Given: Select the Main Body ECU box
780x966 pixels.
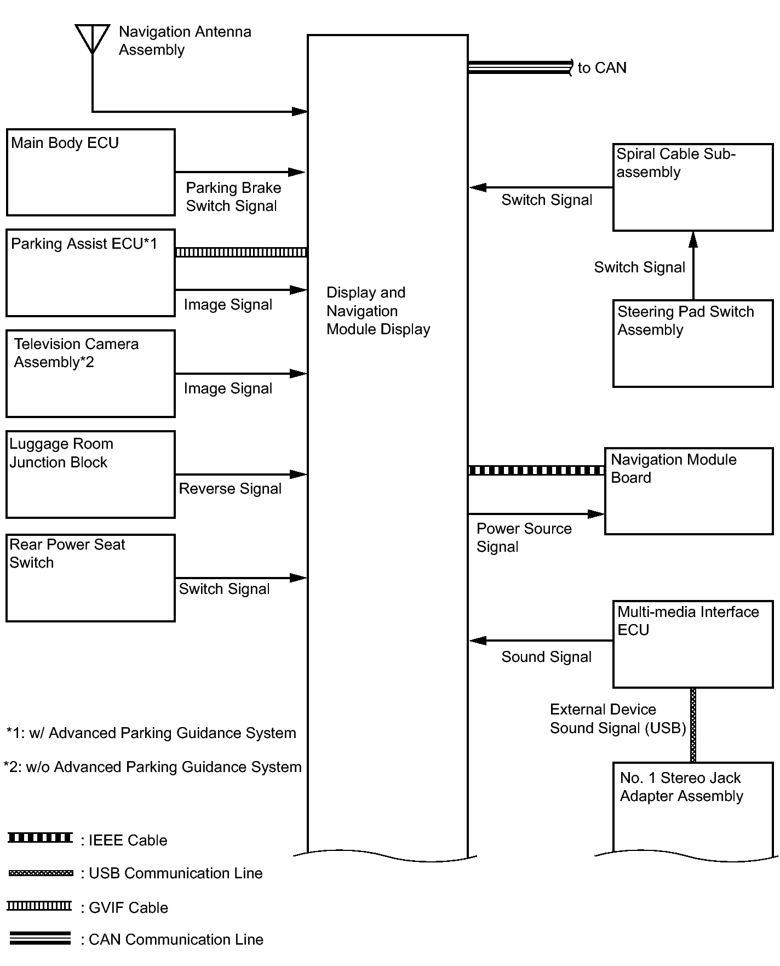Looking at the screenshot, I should coord(91,172).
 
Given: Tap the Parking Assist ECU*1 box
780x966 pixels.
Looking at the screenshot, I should coord(91,273).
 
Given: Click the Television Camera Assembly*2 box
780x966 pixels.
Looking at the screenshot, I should coord(91,373).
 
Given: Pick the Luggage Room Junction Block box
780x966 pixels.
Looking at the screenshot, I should coord(91,474).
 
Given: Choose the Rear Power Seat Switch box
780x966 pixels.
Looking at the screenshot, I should coord(91,578).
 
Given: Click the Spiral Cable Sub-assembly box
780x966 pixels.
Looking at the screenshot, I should coord(693,187).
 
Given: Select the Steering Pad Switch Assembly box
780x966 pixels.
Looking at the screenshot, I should coord(693,343).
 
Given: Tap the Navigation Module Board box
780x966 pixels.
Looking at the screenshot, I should coord(689,491).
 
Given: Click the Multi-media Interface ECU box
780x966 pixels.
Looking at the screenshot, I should coord(693,644).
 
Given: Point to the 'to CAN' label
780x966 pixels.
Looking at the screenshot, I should coord(602,68).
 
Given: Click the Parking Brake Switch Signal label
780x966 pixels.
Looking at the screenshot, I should coord(233,197).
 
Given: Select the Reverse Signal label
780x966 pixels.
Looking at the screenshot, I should coord(230,489).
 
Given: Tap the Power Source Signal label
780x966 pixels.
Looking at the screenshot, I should coord(524,538).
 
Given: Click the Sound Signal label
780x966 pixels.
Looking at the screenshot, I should coord(546,657).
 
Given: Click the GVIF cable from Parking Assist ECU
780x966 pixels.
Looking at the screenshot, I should coord(241,252).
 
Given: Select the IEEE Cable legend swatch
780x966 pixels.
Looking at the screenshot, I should coord(40,838).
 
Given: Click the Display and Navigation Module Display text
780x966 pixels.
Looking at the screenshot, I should coord(378,311).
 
